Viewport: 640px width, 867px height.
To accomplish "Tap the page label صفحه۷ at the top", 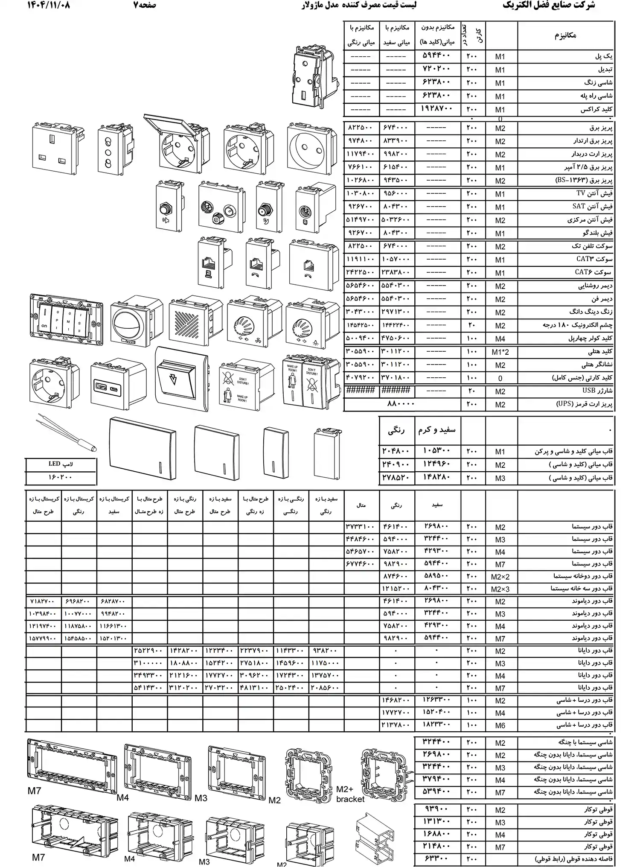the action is [x=145, y=6].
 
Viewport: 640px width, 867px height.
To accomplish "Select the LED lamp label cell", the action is [x=61, y=464].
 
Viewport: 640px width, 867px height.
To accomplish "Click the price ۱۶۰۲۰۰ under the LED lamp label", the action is [x=61, y=477].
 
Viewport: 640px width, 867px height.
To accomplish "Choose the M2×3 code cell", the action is [x=500, y=589].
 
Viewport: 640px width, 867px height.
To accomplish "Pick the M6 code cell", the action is [x=500, y=725].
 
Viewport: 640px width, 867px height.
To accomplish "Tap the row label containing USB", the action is [x=597, y=391].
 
